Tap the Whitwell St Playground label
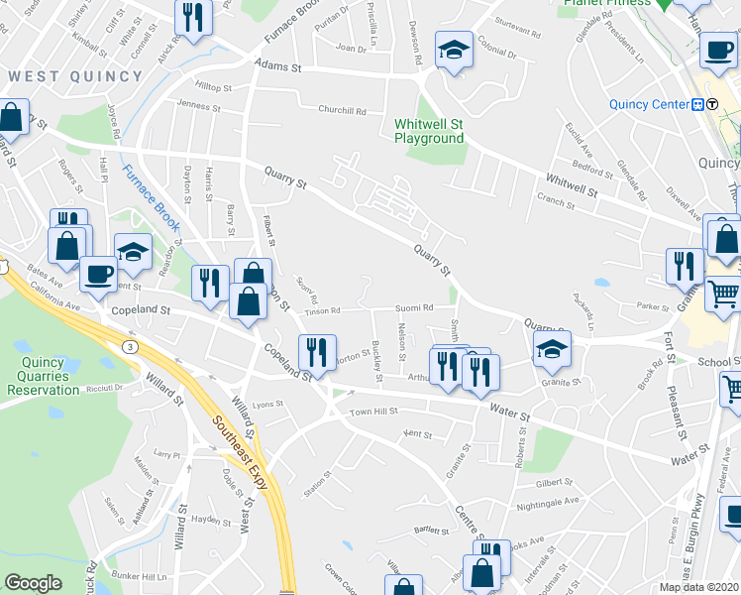(429, 131)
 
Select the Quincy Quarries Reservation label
(43, 376)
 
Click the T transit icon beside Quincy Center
(712, 104)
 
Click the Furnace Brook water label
(151, 196)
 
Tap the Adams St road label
(276, 66)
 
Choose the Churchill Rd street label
(342, 109)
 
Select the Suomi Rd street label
(414, 307)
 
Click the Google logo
(33, 584)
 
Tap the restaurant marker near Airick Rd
(192, 17)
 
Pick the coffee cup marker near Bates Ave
(97, 273)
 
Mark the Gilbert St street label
(555, 482)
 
